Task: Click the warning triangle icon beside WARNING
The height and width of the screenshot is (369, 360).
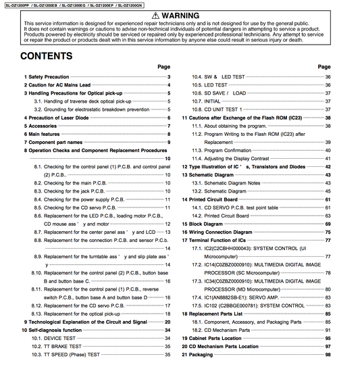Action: tap(157, 15)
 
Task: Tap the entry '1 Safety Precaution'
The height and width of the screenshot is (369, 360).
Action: tap(47, 77)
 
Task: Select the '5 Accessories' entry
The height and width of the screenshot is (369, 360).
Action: tap(41, 126)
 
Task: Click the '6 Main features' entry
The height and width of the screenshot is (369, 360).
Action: tap(45, 134)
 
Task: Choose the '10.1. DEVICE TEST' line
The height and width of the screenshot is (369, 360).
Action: tap(58, 338)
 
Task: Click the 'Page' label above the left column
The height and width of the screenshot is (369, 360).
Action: tap(163, 67)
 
